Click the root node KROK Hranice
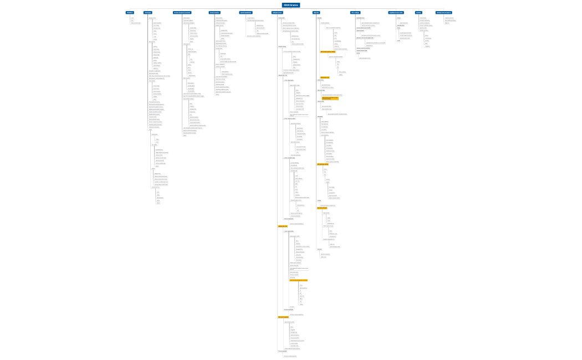(x=291, y=5)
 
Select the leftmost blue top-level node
(x=130, y=12)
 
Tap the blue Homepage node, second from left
(x=148, y=12)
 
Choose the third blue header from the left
(x=182, y=12)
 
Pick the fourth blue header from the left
(x=215, y=12)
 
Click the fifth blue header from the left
(x=246, y=12)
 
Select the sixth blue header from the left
(x=278, y=12)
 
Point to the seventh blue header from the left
(x=316, y=12)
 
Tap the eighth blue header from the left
(x=355, y=12)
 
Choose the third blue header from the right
(x=396, y=12)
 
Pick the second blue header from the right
(x=418, y=12)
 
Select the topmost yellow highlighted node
(x=328, y=52)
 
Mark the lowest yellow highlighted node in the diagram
(x=283, y=317)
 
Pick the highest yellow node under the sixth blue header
(x=283, y=226)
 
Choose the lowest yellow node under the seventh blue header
(x=326, y=208)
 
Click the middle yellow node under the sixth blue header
(x=298, y=280)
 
